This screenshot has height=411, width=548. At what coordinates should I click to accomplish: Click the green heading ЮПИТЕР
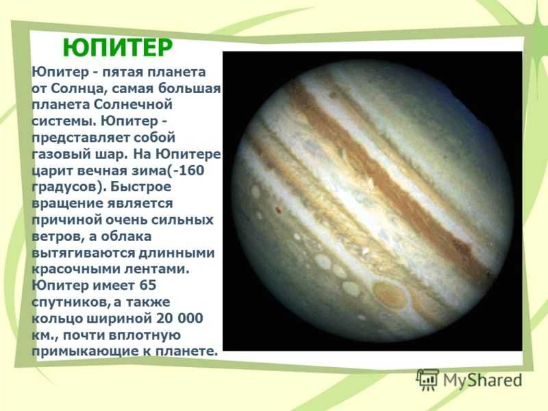117,47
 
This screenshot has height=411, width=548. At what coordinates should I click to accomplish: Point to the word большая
190,88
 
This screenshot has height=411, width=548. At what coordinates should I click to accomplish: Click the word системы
63,121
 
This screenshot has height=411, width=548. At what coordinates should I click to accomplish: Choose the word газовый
58,154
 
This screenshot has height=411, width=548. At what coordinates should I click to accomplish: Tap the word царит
52,171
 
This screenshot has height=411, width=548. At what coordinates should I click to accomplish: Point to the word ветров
58,236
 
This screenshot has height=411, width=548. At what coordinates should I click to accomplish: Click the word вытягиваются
83,253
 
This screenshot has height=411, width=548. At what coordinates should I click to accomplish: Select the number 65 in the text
148,286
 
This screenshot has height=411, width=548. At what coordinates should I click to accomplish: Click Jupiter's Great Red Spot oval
390,295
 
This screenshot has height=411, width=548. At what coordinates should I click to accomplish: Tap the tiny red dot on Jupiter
279,210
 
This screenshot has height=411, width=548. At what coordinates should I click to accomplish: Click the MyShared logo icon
427,380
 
